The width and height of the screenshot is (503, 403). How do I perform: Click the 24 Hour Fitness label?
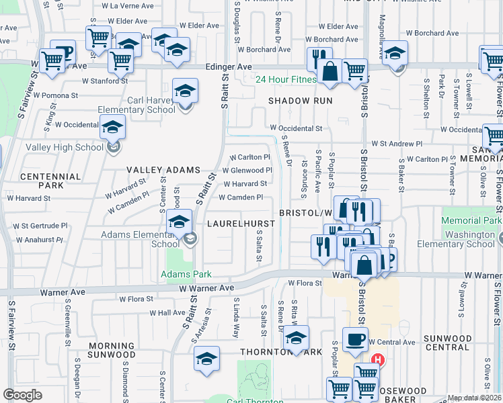(x=285, y=79)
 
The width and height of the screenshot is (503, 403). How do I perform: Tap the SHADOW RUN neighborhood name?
(x=296, y=100)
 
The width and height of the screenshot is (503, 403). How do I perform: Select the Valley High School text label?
(x=65, y=147)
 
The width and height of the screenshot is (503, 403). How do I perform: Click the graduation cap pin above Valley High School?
(x=113, y=127)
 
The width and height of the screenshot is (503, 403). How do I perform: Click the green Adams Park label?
(x=186, y=274)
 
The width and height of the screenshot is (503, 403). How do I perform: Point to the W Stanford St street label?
(x=105, y=81)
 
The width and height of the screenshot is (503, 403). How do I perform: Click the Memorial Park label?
(x=471, y=220)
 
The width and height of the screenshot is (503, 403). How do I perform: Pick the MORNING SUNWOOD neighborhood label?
(x=112, y=350)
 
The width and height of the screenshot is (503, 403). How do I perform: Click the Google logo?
(x=22, y=395)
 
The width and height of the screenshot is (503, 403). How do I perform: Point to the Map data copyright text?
(x=475, y=398)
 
